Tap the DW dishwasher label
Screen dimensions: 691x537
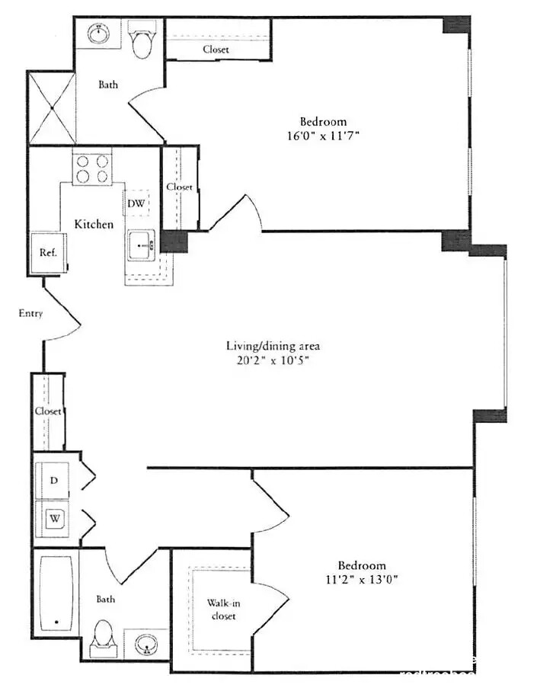(x=136, y=203)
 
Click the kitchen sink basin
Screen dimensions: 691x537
(x=141, y=246)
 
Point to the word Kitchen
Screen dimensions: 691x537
(x=94, y=224)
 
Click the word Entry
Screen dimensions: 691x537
(x=30, y=313)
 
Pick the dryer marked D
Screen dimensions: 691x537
(x=54, y=480)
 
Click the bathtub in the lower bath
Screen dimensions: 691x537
(x=56, y=592)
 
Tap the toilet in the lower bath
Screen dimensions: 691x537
(x=103, y=637)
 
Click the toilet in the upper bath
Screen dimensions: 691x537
(x=142, y=42)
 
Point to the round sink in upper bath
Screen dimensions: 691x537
(x=98, y=34)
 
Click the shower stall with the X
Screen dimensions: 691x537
(x=52, y=107)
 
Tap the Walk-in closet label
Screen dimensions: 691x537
(x=221, y=609)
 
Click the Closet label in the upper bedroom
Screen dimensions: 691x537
(x=216, y=50)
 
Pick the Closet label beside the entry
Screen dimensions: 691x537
(x=48, y=411)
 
